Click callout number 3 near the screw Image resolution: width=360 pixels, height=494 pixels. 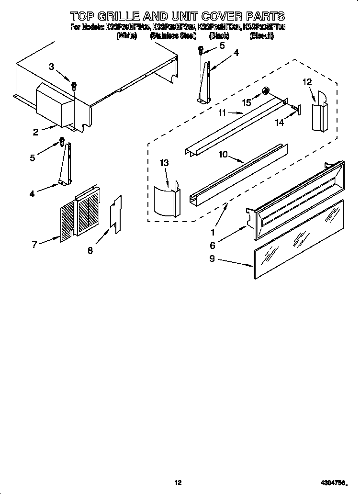(52, 67)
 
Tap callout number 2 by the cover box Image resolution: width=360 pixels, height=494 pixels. (36, 133)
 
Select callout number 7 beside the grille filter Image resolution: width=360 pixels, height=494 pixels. (34, 245)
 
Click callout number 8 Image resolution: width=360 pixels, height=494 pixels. (90, 249)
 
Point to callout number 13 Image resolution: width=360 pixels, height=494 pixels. (164, 163)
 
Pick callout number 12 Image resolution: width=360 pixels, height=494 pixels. (306, 82)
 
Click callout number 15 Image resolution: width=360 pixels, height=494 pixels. (247, 102)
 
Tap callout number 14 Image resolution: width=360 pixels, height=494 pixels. (279, 123)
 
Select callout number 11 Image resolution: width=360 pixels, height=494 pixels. (222, 113)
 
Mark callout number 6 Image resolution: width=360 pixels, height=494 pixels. (212, 246)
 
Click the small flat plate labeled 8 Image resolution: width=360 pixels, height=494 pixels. (115, 213)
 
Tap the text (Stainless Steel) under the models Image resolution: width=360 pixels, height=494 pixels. (173, 36)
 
